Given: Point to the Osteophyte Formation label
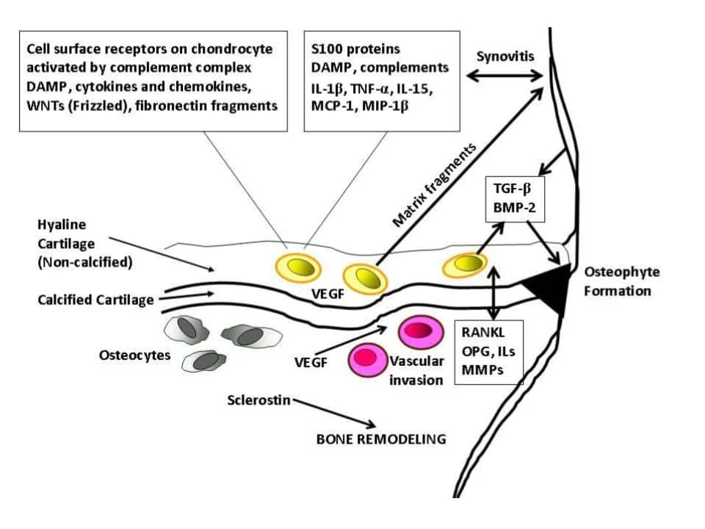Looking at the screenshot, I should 621,281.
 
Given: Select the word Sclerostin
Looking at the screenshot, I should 260,400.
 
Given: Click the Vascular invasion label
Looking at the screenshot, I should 416,370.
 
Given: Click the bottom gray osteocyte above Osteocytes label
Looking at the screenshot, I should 203,360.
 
